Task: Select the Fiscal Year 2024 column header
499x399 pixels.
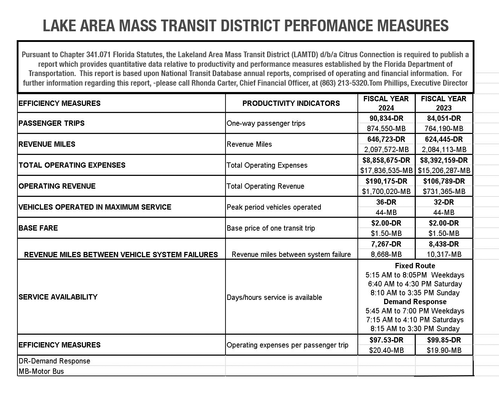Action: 386,103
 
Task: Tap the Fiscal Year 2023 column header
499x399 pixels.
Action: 444,103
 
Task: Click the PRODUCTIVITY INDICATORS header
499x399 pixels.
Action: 291,103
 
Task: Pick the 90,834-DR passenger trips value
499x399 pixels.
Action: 386,118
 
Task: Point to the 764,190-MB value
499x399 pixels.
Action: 444,129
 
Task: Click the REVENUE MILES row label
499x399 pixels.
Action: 47,144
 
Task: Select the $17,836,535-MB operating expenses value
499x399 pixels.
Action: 386,171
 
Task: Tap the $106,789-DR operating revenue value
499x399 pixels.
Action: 444,181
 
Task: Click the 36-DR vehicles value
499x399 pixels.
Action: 386,202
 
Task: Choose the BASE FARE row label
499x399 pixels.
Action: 38,228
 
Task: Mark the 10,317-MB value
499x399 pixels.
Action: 444,254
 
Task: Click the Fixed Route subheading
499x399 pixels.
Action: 415,266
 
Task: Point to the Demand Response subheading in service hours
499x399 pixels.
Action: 415,302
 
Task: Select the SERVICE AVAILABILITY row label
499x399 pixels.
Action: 58,297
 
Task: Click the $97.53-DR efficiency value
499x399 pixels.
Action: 386,340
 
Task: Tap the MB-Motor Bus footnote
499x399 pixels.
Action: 41,371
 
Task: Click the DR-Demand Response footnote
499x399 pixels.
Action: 54,361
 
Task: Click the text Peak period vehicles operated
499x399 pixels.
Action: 274,207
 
